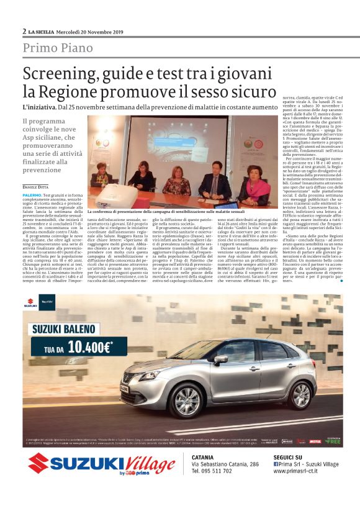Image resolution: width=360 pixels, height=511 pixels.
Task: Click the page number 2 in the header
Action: coord(24,30)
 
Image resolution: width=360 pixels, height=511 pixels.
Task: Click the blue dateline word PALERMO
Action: coord(33,194)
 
